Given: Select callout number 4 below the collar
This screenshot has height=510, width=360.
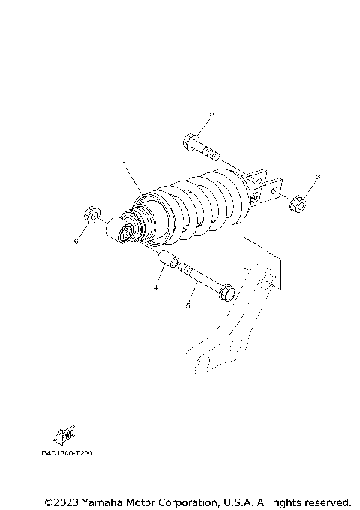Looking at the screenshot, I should [x=157, y=287].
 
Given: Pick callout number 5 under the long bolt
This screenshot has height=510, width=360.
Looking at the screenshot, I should [x=189, y=306].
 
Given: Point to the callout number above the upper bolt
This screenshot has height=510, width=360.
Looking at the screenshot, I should [x=211, y=115].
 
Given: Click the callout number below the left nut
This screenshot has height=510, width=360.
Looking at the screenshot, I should [x=76, y=241].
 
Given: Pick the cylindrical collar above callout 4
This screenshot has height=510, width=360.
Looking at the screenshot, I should [x=167, y=263].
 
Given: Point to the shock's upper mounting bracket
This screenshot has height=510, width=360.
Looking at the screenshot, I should [x=266, y=187].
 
